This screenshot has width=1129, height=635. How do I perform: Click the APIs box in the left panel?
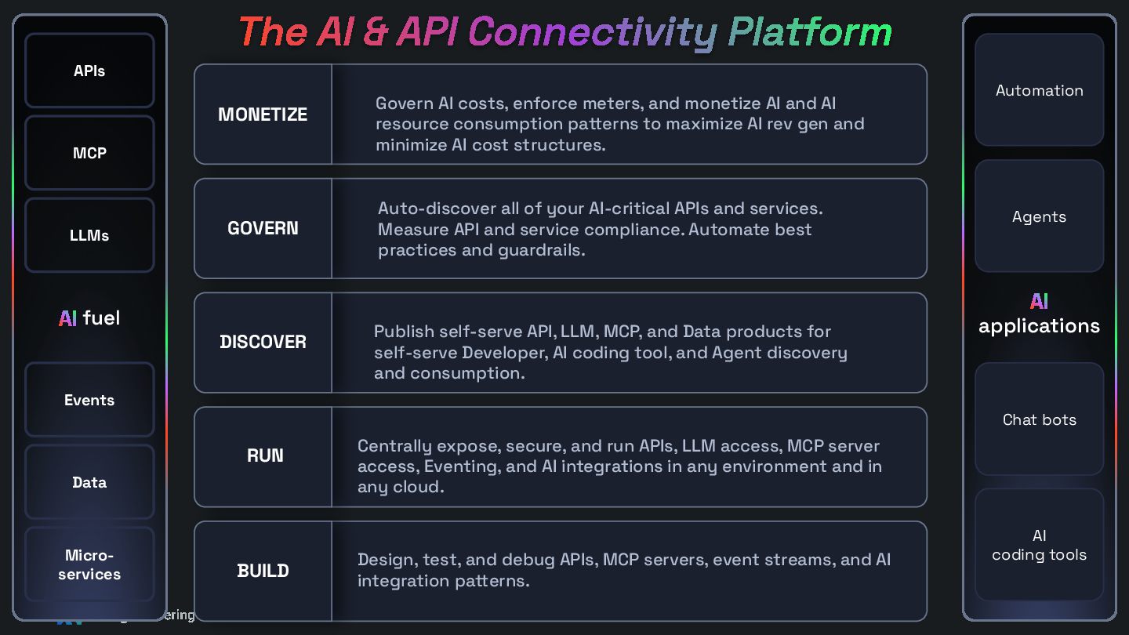point(89,71)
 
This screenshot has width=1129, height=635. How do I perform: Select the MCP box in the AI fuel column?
point(89,153)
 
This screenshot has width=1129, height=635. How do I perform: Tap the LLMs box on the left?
point(89,235)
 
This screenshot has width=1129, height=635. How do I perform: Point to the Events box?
point(89,400)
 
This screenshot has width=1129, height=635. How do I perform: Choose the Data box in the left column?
point(89,482)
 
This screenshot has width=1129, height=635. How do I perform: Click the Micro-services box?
point(89,564)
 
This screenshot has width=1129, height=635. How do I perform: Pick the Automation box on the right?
point(1039,90)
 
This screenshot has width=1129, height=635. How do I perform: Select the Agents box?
point(1039,216)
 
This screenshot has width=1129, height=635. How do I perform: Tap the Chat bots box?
point(1039,419)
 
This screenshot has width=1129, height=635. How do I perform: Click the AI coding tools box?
point(1039,545)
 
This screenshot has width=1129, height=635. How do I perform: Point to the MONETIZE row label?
point(263,114)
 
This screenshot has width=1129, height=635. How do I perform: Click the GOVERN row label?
point(263,228)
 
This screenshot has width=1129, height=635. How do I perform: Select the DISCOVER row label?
point(263,342)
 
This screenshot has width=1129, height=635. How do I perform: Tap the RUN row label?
point(264,455)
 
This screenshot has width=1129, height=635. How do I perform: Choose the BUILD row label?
point(263,570)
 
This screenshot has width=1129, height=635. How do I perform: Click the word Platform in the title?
point(810,33)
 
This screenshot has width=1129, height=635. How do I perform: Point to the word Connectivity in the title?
point(593,33)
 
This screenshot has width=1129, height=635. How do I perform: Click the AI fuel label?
point(89,317)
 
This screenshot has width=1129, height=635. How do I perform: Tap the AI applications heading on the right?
point(1039,314)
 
